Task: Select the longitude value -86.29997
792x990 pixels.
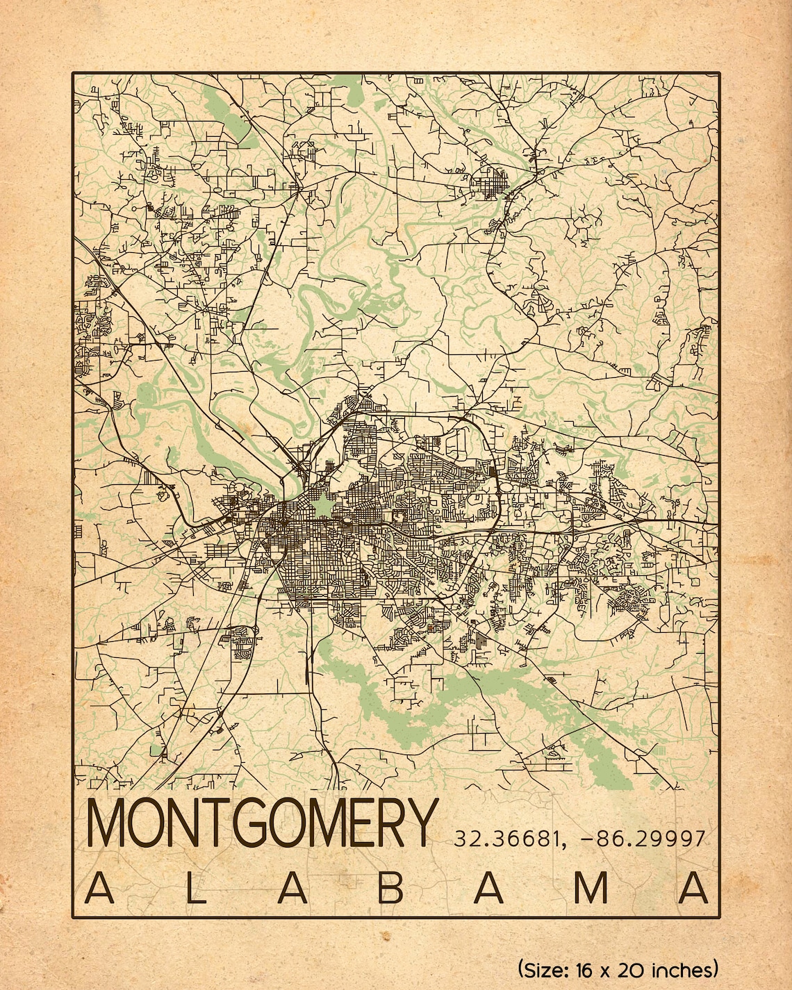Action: [x=642, y=839]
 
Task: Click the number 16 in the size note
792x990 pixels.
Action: [x=586, y=968]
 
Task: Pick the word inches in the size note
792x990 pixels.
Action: [x=684, y=968]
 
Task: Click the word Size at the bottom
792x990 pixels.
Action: [x=543, y=969]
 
